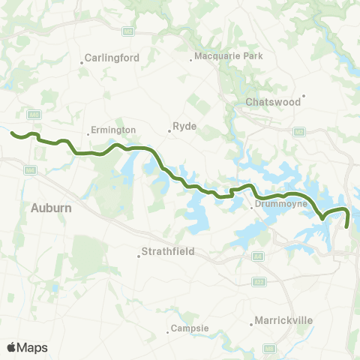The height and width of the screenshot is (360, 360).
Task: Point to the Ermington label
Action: [112, 130]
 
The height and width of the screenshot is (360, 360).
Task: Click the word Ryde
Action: [184, 127]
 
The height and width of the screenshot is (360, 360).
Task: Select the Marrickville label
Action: [281, 320]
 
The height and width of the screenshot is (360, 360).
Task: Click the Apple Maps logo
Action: [27, 347]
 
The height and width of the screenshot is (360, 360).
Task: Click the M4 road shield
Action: [29, 171]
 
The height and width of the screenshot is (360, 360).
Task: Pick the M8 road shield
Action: [269, 349]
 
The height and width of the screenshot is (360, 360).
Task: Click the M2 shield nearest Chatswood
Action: [299, 132]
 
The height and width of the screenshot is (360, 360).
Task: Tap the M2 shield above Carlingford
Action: [129, 31]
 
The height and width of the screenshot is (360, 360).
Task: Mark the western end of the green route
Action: [13, 134]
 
